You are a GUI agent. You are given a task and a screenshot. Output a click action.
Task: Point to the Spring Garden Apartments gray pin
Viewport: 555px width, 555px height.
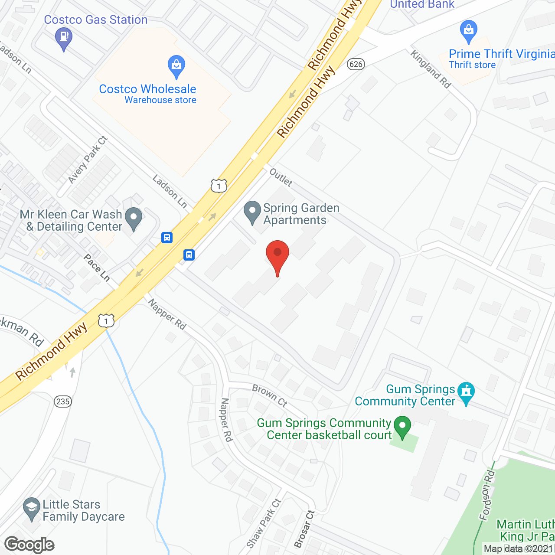pyautogui.click(x=252, y=212)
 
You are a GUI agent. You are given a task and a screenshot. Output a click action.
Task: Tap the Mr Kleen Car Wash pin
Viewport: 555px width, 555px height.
pyautogui.click(x=133, y=218)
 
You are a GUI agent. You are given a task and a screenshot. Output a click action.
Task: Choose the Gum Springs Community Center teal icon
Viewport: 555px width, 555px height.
pyautogui.click(x=466, y=392)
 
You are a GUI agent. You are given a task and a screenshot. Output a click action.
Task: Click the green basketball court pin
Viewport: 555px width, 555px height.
pyautogui.click(x=402, y=426)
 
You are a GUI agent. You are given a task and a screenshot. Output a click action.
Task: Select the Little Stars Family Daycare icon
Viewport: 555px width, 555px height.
pyautogui.click(x=31, y=508)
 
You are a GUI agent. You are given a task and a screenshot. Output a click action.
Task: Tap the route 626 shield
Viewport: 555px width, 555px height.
pyautogui.click(x=356, y=64)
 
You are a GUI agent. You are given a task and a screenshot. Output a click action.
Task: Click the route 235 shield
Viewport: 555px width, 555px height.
pyautogui.click(x=63, y=401)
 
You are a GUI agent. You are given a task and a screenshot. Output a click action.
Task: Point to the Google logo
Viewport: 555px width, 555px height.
pyautogui.click(x=29, y=545)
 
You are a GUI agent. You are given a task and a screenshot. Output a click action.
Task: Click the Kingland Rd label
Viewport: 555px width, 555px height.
pyautogui.click(x=431, y=69)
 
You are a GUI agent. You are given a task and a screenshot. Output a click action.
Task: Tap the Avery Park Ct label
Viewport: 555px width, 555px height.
pyautogui.click(x=88, y=160)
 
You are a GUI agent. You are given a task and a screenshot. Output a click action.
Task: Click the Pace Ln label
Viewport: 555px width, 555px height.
pyautogui.click(x=97, y=268)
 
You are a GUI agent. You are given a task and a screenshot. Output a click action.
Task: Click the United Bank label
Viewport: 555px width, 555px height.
pyautogui.click(x=422, y=5)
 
